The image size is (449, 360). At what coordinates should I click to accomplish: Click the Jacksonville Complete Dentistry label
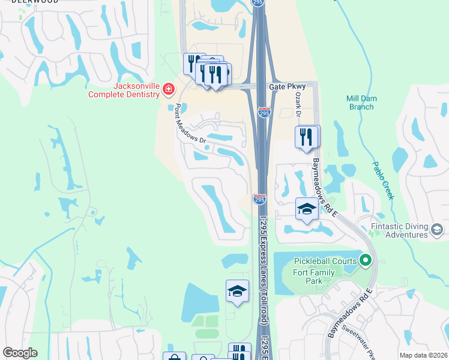pyautogui.click(x=124, y=90)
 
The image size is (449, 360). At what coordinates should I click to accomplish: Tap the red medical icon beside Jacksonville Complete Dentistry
pyautogui.click(x=168, y=90)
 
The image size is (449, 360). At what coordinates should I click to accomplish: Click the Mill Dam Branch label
pyautogui.click(x=360, y=103)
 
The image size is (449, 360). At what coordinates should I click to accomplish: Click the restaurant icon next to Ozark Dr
pyautogui.click(x=307, y=137)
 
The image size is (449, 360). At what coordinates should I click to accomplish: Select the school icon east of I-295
pyautogui.click(x=307, y=209)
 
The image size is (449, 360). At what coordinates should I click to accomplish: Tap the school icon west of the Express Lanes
pyautogui.click(x=237, y=292)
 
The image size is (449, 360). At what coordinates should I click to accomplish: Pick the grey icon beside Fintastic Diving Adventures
pyautogui.click(x=437, y=229)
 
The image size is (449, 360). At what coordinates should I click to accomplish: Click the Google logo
pyautogui.click(x=20, y=353)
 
